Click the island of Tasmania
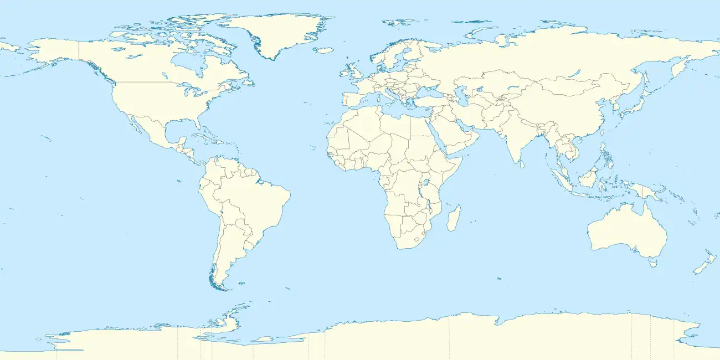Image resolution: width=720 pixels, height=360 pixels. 653,263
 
